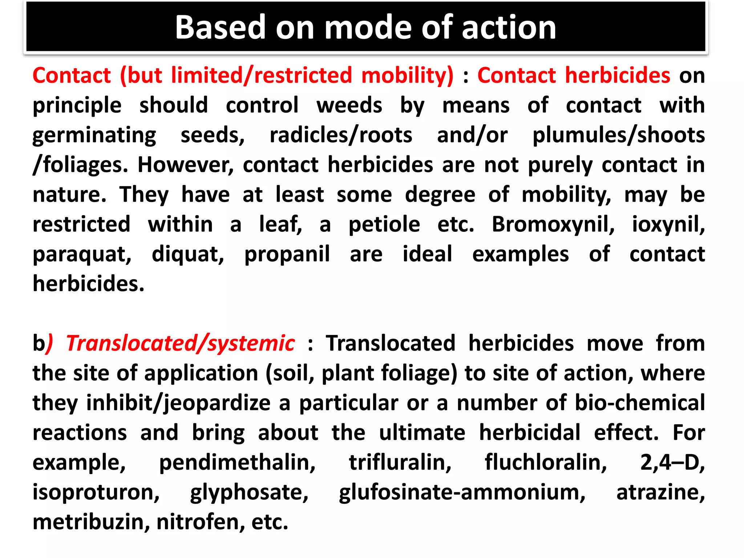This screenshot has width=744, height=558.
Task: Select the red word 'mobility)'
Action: tap(407, 76)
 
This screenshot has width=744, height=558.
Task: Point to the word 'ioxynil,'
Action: tap(668, 224)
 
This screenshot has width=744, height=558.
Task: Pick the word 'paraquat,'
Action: tap(82, 254)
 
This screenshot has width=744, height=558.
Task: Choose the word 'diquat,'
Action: tap(188, 254)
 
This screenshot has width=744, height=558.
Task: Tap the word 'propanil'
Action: tap(287, 254)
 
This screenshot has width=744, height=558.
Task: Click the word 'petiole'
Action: tap(384, 225)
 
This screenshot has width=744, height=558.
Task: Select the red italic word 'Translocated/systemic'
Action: tap(181, 343)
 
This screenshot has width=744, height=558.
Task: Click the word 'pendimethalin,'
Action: tap(237, 463)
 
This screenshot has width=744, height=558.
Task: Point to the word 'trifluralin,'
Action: tap(400, 462)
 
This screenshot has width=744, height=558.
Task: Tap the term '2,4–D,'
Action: tap(672, 462)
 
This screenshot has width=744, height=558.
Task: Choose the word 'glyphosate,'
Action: tap(249, 493)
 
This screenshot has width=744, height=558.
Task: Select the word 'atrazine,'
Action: tap(660, 493)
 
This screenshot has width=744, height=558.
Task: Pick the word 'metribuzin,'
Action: tap(91, 522)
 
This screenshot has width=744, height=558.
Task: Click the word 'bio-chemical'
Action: tap(640, 403)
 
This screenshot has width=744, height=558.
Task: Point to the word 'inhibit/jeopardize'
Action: tap(178, 404)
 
